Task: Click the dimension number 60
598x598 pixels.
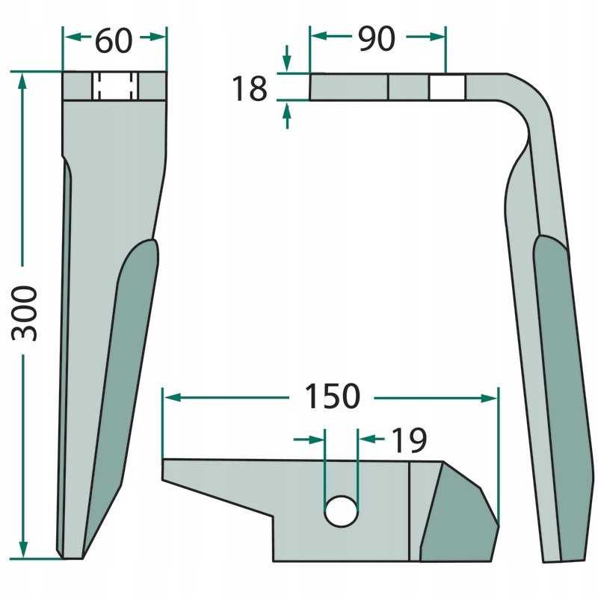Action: coord(114,41)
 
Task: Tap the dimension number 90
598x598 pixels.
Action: coord(376,40)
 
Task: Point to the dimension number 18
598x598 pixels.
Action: coord(249,89)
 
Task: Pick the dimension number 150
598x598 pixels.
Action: coord(332,397)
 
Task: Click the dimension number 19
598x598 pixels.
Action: coord(407,441)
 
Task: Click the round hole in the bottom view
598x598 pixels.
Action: coord(341,510)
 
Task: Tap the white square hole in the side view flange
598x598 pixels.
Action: coord(447,87)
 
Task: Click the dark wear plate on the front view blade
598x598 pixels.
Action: coord(123,374)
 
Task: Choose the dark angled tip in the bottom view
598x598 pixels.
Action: coord(457,516)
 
